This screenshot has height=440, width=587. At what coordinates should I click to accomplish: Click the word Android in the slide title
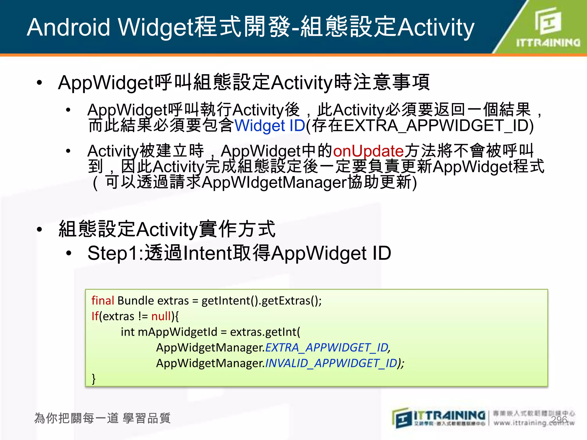[69, 27]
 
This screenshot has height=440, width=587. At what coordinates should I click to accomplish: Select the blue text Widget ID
[270, 126]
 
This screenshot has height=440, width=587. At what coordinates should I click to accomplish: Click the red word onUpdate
[368, 151]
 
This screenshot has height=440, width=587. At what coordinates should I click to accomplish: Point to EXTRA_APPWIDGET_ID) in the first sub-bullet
[439, 126]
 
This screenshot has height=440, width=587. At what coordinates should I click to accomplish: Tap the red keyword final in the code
[103, 301]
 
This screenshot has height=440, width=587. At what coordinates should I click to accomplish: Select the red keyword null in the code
[161, 316]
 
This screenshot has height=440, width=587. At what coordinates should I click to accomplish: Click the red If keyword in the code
[95, 316]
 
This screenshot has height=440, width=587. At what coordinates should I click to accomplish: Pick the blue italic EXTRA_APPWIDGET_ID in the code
[327, 348]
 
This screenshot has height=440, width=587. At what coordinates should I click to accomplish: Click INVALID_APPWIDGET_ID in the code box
[331, 363]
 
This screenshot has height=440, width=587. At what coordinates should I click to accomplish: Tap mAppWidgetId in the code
[177, 332]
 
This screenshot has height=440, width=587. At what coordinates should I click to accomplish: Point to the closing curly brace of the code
[93, 379]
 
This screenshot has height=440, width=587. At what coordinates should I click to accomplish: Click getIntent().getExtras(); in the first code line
[261, 301]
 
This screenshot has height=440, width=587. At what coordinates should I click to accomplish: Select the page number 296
[559, 420]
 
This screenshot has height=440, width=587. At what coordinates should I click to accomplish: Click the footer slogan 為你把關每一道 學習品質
[102, 418]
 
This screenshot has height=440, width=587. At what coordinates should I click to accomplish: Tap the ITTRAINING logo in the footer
[439, 418]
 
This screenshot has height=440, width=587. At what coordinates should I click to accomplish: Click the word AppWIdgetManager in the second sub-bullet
[274, 182]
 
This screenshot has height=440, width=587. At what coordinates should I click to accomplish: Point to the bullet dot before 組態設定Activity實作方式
[40, 229]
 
